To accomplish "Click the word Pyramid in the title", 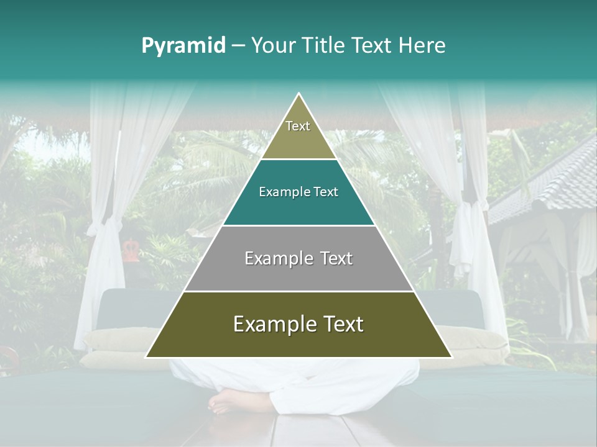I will click(x=183, y=46).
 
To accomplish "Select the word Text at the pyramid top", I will click(x=298, y=126).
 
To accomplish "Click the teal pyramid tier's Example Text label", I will click(x=298, y=192).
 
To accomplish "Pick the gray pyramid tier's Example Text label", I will click(x=298, y=258).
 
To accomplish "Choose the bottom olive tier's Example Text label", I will click(x=298, y=324).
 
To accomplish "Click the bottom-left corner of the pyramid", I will click(x=146, y=357).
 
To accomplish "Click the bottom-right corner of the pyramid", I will click(x=451, y=357).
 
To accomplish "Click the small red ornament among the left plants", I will click(x=131, y=250).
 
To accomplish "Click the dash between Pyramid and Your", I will click(x=238, y=46).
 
